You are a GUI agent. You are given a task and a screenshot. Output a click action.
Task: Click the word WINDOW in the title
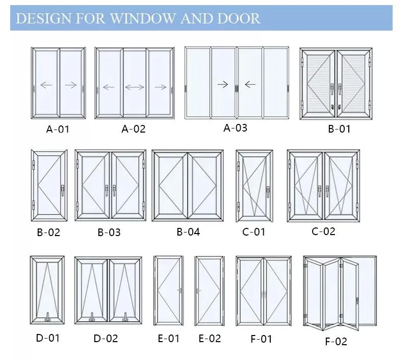pyautogui.click(x=143, y=18)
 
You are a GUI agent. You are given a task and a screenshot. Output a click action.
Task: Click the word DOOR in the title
pyautogui.click(x=239, y=18)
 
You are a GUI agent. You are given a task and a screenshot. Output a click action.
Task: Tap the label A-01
pyautogui.click(x=58, y=130)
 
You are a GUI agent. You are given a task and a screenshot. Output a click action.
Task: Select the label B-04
pyautogui.click(x=188, y=232)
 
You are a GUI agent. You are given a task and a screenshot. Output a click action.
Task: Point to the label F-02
pyautogui.click(x=336, y=341)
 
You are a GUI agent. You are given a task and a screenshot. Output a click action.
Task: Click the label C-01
pyautogui.click(x=254, y=232)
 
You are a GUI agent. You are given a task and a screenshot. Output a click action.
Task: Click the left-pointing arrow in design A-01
pyautogui.click(x=46, y=85)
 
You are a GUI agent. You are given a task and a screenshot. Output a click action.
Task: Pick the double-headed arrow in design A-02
pyautogui.click(x=135, y=87)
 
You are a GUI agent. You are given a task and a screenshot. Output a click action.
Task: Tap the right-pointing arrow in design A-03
pyautogui.click(x=223, y=84)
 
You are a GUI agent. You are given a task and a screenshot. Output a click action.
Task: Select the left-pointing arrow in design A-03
pyautogui.click(x=250, y=84)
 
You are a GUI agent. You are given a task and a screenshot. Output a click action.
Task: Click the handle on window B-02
pyautogui.click(x=63, y=190)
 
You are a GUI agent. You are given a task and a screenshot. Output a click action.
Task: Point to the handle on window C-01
pyautogui.click(x=268, y=192)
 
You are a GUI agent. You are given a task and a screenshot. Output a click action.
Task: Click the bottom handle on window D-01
pyautogui.click(x=47, y=317)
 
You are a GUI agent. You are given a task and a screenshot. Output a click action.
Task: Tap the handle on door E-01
pyautogui.click(x=180, y=290)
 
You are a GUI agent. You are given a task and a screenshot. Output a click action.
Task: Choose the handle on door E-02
pyautogui.click(x=198, y=291)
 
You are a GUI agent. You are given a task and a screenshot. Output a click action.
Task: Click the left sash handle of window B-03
pyautogui.click(x=107, y=191)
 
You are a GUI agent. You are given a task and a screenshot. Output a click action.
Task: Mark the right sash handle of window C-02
pyautogui.click(x=327, y=191)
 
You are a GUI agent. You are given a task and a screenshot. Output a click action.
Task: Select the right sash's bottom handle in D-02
pyautogui.click(x=125, y=317)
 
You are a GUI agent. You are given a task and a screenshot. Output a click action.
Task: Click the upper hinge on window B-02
pyautogui.click(x=34, y=165)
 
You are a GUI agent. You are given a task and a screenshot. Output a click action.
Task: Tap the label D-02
pyautogui.click(x=106, y=339)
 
